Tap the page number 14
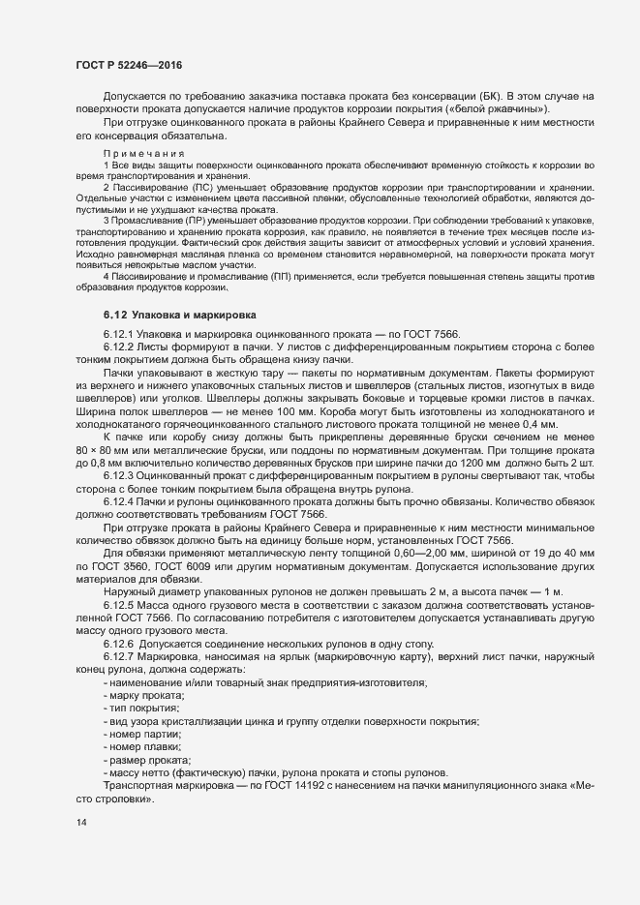point(81,823)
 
